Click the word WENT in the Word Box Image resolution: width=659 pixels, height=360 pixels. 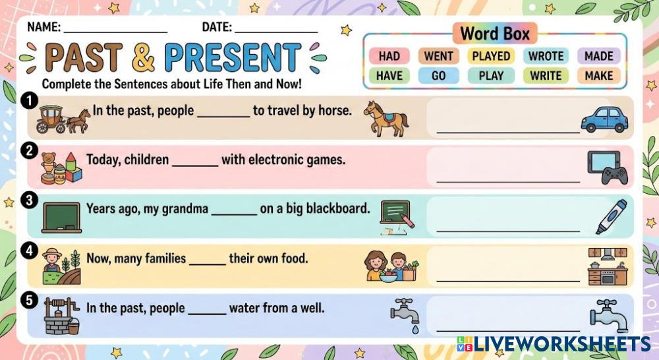(x=438, y=56)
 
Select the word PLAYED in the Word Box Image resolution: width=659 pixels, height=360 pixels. (x=491, y=56)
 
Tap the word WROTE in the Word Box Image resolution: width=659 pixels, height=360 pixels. (x=546, y=56)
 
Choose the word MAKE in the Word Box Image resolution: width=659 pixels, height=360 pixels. (x=599, y=76)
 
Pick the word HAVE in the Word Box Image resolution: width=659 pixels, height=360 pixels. (x=389, y=76)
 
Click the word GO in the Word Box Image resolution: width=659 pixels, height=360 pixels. (x=438, y=76)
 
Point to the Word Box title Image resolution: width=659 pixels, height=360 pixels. (x=495, y=34)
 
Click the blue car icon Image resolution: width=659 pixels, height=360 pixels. (x=604, y=119)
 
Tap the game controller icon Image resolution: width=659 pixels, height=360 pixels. (x=614, y=175)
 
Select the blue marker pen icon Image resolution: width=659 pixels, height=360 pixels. (x=611, y=216)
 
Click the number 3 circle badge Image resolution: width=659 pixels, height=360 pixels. (x=29, y=200)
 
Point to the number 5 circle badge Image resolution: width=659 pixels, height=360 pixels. (x=29, y=300)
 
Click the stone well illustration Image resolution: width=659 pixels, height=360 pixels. (x=61, y=316)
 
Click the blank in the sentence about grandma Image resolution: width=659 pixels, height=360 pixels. (x=234, y=214)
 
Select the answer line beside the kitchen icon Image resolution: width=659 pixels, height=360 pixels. (x=508, y=280)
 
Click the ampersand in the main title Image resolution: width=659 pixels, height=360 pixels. (x=143, y=57)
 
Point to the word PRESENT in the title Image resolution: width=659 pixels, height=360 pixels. (x=233, y=57)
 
